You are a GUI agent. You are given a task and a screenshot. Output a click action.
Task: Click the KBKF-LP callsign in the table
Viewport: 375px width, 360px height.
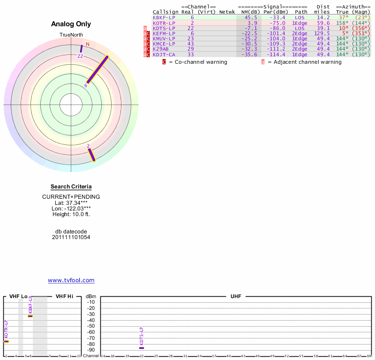(163, 17)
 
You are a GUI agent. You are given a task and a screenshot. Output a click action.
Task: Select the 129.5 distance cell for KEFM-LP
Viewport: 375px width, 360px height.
(322, 33)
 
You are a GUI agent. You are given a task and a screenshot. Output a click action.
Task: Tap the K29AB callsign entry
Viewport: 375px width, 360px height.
(160, 49)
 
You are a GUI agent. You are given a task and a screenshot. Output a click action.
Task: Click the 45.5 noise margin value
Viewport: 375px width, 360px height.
(252, 17)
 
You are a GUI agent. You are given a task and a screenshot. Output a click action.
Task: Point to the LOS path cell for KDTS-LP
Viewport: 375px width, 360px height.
(300, 28)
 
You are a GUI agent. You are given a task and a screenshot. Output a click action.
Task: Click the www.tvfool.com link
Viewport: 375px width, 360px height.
(71, 280)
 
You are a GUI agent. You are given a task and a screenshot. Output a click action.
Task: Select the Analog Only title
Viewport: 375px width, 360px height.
(71, 24)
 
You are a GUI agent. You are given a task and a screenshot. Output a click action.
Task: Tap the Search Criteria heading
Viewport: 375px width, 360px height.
(71, 187)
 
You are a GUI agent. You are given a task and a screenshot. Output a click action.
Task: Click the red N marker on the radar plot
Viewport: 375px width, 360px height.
(87, 44)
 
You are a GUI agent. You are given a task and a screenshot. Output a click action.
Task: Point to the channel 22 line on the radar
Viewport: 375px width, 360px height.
(81, 49)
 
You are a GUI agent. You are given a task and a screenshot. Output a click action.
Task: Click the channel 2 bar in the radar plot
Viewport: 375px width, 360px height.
(92, 155)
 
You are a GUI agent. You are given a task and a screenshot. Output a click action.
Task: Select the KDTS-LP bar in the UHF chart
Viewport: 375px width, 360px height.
(142, 348)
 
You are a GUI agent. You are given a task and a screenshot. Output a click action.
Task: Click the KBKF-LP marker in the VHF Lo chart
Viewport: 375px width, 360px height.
(30, 316)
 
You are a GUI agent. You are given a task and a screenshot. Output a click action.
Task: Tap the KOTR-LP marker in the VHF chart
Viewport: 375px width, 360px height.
(6, 341)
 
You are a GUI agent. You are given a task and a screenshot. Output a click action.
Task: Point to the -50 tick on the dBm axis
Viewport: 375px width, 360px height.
(91, 326)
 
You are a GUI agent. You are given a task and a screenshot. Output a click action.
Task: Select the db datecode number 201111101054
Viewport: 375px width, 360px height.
(71, 237)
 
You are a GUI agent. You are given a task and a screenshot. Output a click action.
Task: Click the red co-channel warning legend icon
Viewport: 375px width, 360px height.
(164, 62)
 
